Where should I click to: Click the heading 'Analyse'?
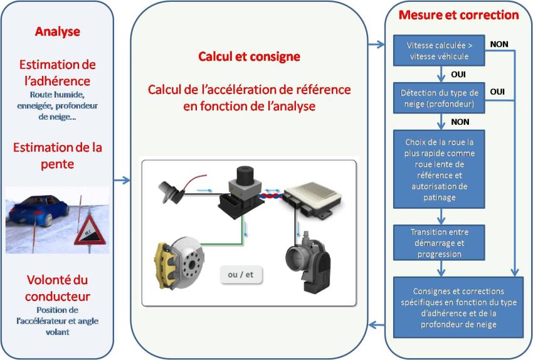[57, 31]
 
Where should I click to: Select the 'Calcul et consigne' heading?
[249, 56]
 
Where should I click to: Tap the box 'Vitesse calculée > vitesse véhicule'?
[439, 51]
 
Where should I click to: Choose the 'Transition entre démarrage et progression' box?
[439, 243]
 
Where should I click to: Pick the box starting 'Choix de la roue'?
[439, 169]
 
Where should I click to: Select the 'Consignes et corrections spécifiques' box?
[458, 307]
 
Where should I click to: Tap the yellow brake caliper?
[166, 260]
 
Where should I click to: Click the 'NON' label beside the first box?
[499, 44]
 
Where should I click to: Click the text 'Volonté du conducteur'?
[58, 288]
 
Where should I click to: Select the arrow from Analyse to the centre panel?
[122, 181]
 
